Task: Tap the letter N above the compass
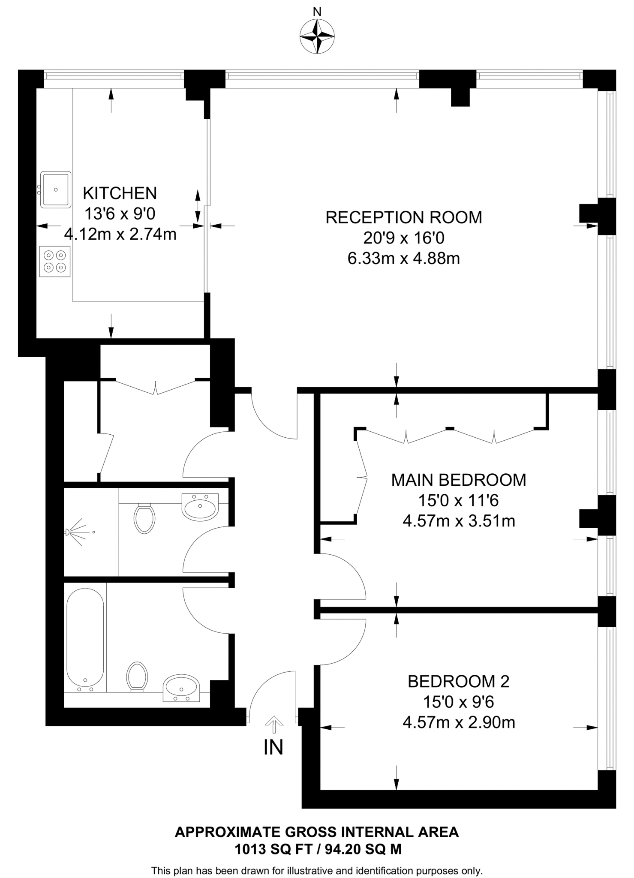(317, 11)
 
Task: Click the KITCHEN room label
(120, 193)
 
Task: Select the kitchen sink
(56, 189)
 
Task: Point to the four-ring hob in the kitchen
(55, 262)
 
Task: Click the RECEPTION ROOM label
(403, 217)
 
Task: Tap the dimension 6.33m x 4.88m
(403, 259)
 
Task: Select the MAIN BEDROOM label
(458, 480)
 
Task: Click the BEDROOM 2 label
(458, 681)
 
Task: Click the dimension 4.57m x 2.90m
(458, 722)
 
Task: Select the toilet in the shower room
(144, 518)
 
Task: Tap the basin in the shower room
(200, 507)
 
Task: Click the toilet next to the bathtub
(137, 677)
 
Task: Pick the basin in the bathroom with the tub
(182, 688)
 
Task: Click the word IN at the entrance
(273, 748)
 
